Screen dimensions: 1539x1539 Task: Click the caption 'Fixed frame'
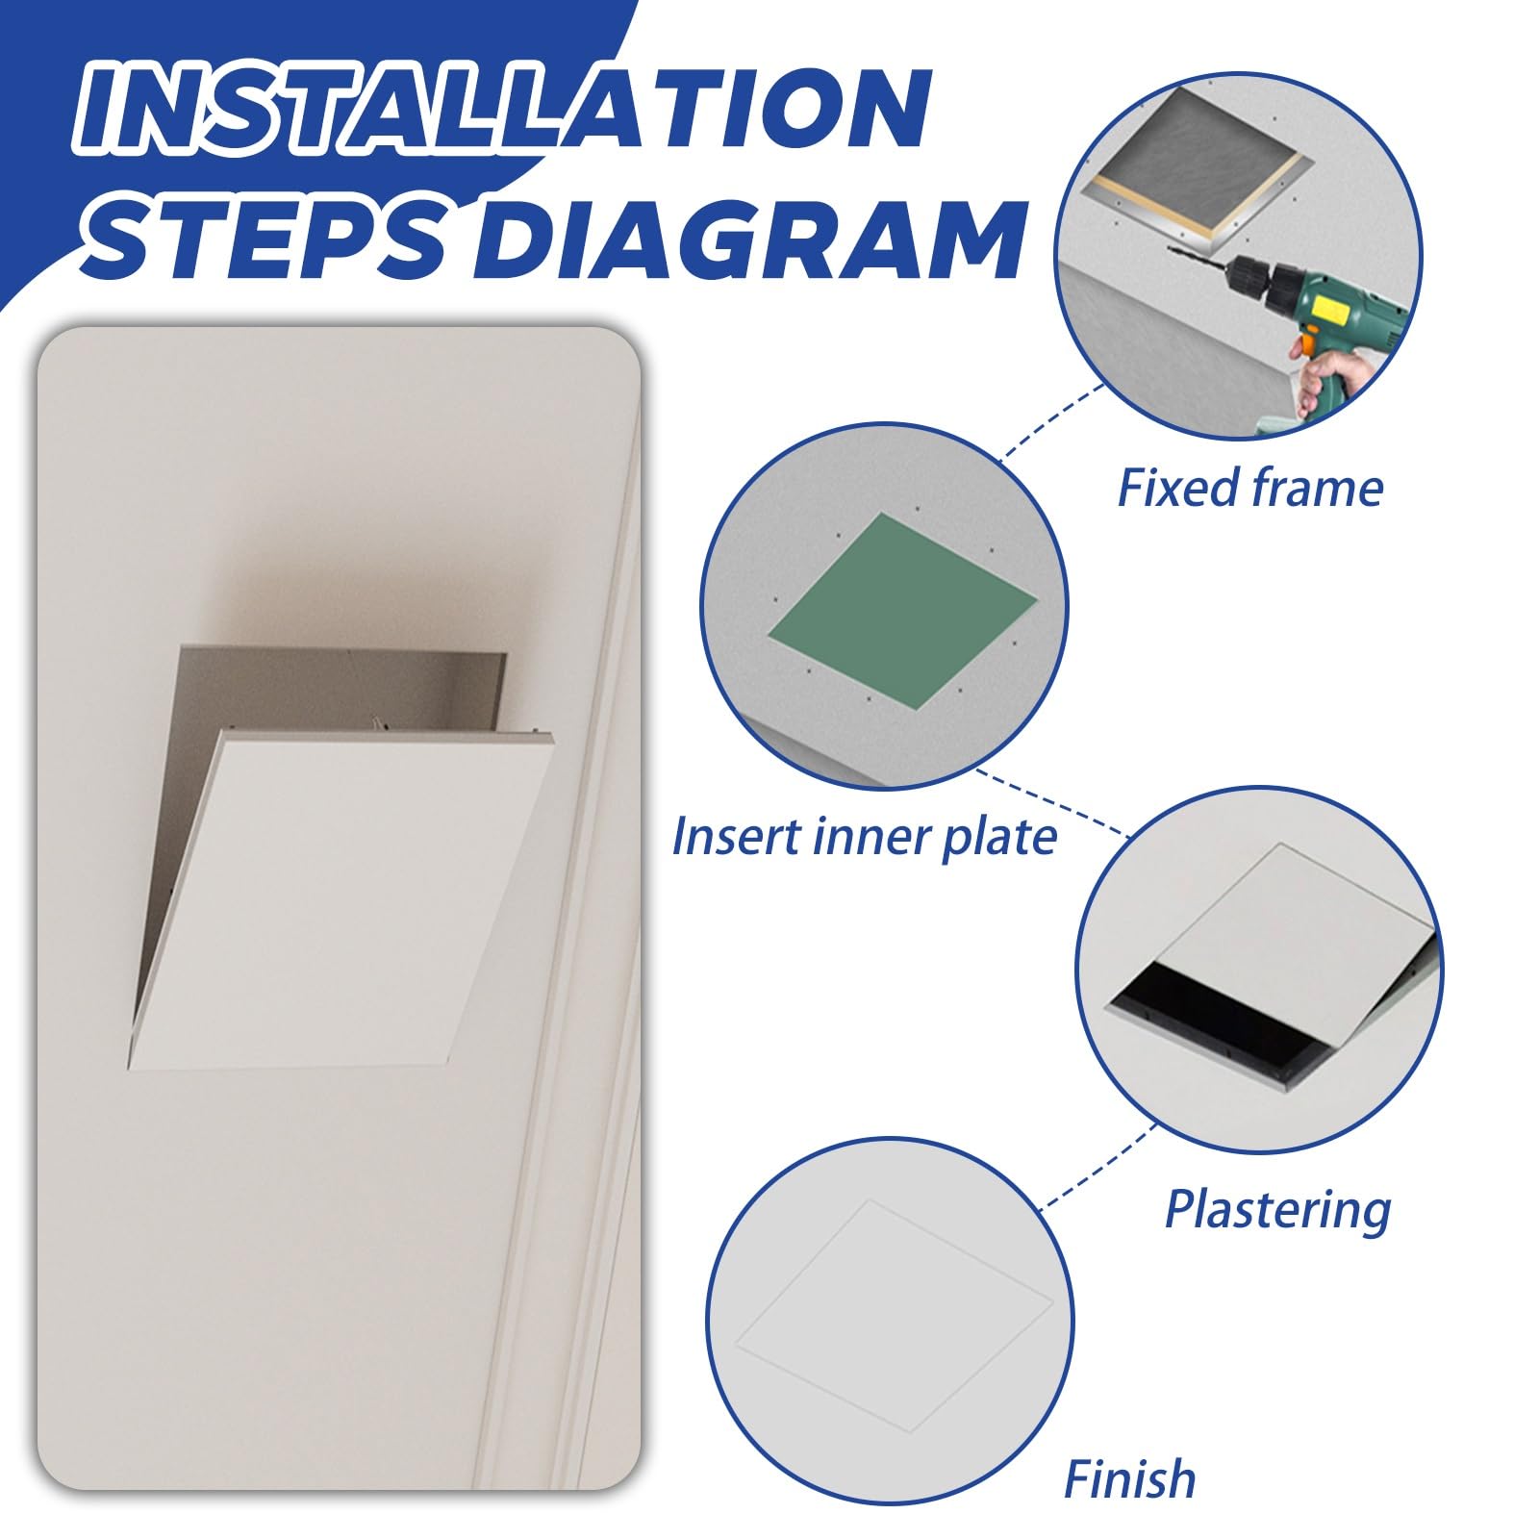coord(1249,488)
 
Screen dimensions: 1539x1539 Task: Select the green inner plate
coord(902,611)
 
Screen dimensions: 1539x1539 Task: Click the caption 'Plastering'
coord(1277,1209)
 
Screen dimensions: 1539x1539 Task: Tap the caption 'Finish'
coord(1129,1478)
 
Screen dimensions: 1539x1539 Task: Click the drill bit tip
coord(1170,249)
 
